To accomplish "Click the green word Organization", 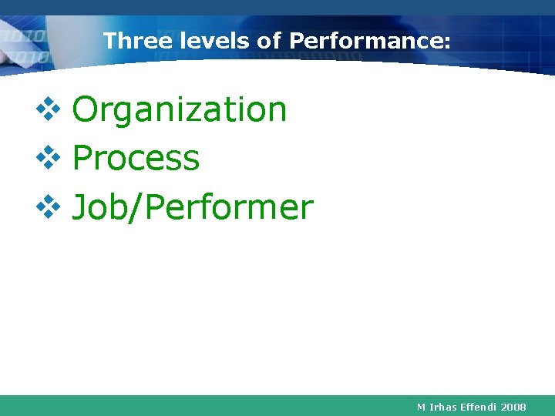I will [179, 110].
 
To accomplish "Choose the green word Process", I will [136, 159].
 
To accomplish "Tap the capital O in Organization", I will [85, 110].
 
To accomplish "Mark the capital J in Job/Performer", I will [79, 208].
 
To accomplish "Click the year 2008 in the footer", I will [513, 406].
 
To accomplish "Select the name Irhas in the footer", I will [443, 406].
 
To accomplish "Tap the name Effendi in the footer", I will [479, 406].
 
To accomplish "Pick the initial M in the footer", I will [421, 406].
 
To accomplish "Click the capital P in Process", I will [81, 159].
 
